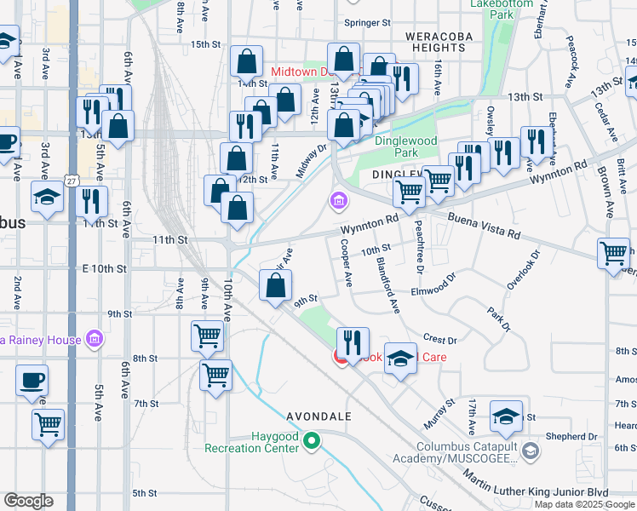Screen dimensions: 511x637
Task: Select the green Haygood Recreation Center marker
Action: pyautogui.click(x=311, y=441)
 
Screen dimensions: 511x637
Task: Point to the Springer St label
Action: pyautogui.click(x=367, y=22)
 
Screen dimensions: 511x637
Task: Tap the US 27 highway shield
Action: pyautogui.click(x=72, y=181)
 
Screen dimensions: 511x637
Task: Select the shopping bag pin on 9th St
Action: pyautogui.click(x=275, y=287)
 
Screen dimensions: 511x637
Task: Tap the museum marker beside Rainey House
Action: pyautogui.click(x=95, y=341)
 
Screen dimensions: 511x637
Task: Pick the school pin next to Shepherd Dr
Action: pyautogui.click(x=506, y=418)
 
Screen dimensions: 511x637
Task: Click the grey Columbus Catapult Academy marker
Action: pyautogui.click(x=531, y=449)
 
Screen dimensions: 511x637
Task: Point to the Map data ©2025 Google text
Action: pyautogui.click(x=584, y=503)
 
